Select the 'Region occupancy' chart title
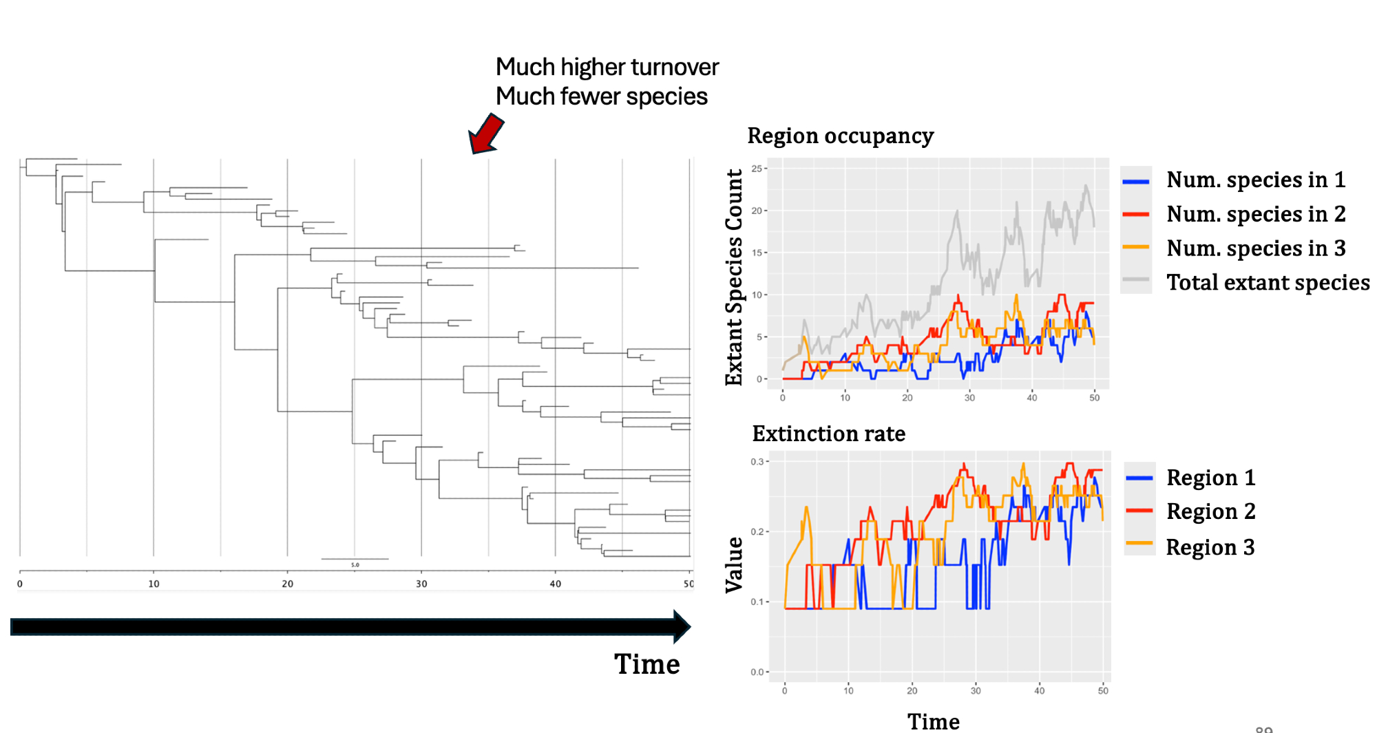pos(840,136)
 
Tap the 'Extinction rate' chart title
pos(828,434)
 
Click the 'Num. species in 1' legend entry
pos(1255,180)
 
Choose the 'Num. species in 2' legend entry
pos(1255,214)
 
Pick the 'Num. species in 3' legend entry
pos(1255,248)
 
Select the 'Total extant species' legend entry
pos(1268,283)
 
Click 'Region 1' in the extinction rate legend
pos(1210,478)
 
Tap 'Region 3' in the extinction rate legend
pos(1210,548)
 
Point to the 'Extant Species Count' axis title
pos(735,277)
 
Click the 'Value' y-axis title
pos(735,564)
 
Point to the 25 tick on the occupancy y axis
pos(757,169)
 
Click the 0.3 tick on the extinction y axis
pos(757,462)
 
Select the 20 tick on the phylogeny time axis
pos(287,584)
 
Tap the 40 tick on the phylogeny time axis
pos(555,584)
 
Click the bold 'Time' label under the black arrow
pos(647,665)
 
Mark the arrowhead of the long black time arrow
pos(681,626)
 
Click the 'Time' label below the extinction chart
pos(933,721)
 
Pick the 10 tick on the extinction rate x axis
pos(848,691)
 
